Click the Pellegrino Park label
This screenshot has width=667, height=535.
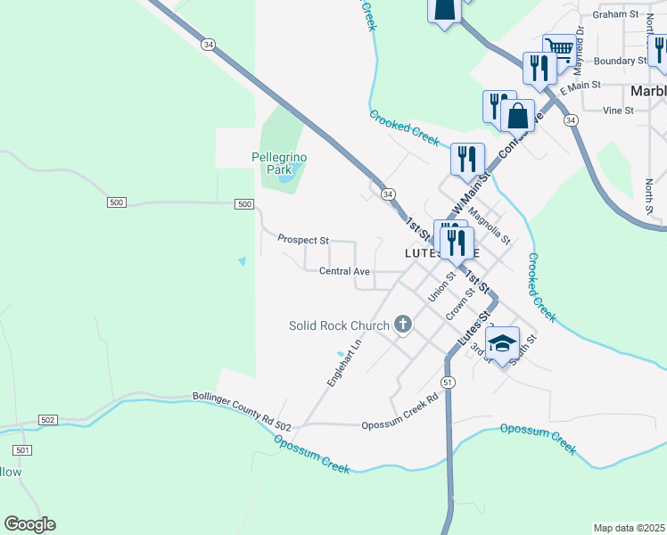(x=279, y=162)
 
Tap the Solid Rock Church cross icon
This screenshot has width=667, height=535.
(x=402, y=325)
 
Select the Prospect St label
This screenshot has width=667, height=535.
(x=303, y=240)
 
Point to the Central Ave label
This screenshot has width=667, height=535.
(x=344, y=271)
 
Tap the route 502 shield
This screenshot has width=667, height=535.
(x=48, y=420)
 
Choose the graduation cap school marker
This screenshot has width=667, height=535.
(x=502, y=343)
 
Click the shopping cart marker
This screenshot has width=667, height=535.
(x=560, y=48)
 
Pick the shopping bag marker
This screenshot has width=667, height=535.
(x=517, y=114)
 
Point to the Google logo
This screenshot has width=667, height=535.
(x=29, y=524)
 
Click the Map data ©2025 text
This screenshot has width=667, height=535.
(x=629, y=528)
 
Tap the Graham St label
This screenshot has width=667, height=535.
(x=622, y=14)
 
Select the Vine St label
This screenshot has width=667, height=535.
(x=617, y=111)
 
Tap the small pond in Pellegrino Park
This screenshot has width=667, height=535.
(x=284, y=178)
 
